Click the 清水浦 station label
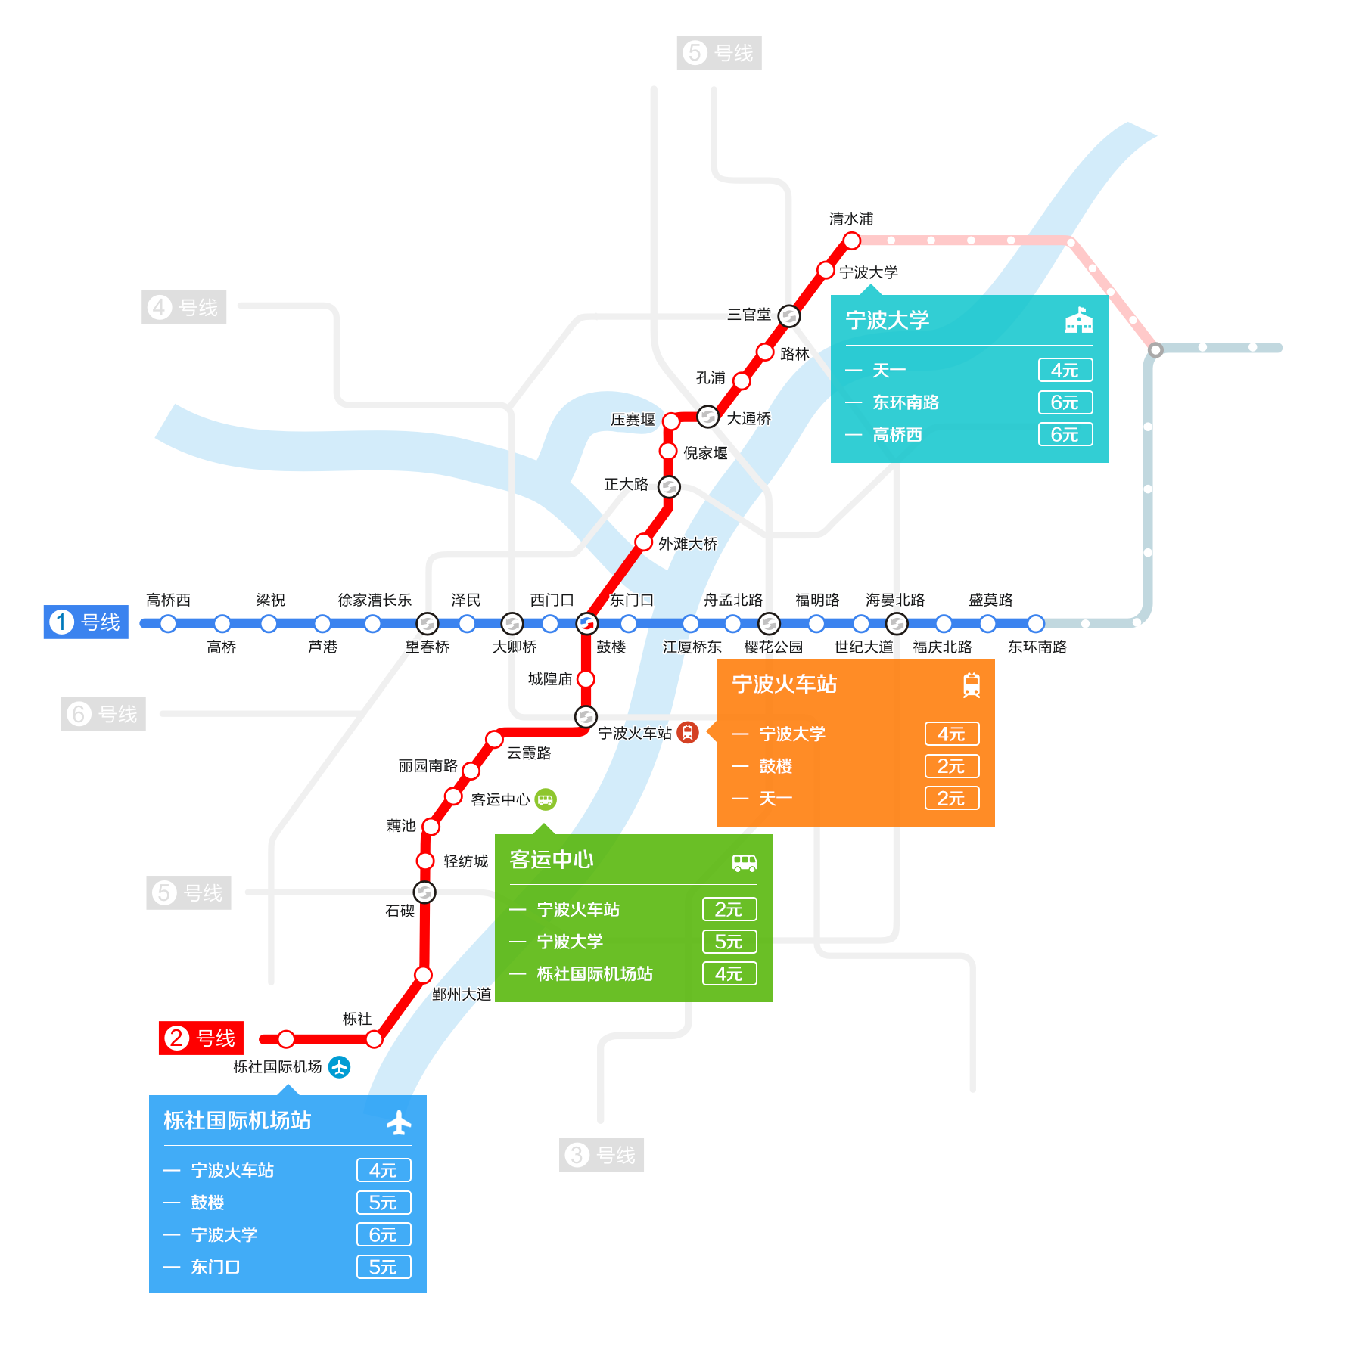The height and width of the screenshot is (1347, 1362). [x=851, y=219]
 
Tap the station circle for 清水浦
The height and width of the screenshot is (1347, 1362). [x=852, y=241]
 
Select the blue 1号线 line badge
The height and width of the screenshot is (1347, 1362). [x=86, y=622]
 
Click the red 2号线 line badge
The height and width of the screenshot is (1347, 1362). [x=201, y=1038]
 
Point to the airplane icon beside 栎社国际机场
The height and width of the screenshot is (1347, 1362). [x=339, y=1067]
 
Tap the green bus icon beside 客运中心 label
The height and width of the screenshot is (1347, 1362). [x=546, y=799]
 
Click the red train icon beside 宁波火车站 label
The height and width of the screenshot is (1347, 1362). [x=688, y=732]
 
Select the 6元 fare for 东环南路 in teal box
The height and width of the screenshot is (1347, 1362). [x=1065, y=402]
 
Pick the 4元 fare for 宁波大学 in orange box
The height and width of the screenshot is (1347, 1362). [x=952, y=734]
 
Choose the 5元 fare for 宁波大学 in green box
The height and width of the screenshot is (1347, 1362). [x=729, y=942]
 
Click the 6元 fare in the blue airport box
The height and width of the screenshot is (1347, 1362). [x=384, y=1234]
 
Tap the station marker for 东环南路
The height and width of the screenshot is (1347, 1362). [x=1036, y=624]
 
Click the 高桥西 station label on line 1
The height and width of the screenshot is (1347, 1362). [x=168, y=600]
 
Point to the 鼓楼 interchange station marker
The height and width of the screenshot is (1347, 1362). [x=586, y=624]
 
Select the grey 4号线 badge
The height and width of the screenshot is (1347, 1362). [x=184, y=308]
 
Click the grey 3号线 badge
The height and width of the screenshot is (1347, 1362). [x=602, y=1155]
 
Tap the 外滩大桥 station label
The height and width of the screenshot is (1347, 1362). [x=688, y=544]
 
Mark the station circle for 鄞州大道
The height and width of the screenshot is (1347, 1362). [x=424, y=975]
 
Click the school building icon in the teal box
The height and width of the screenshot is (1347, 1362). [x=1079, y=320]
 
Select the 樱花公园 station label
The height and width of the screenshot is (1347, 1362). [x=773, y=647]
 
